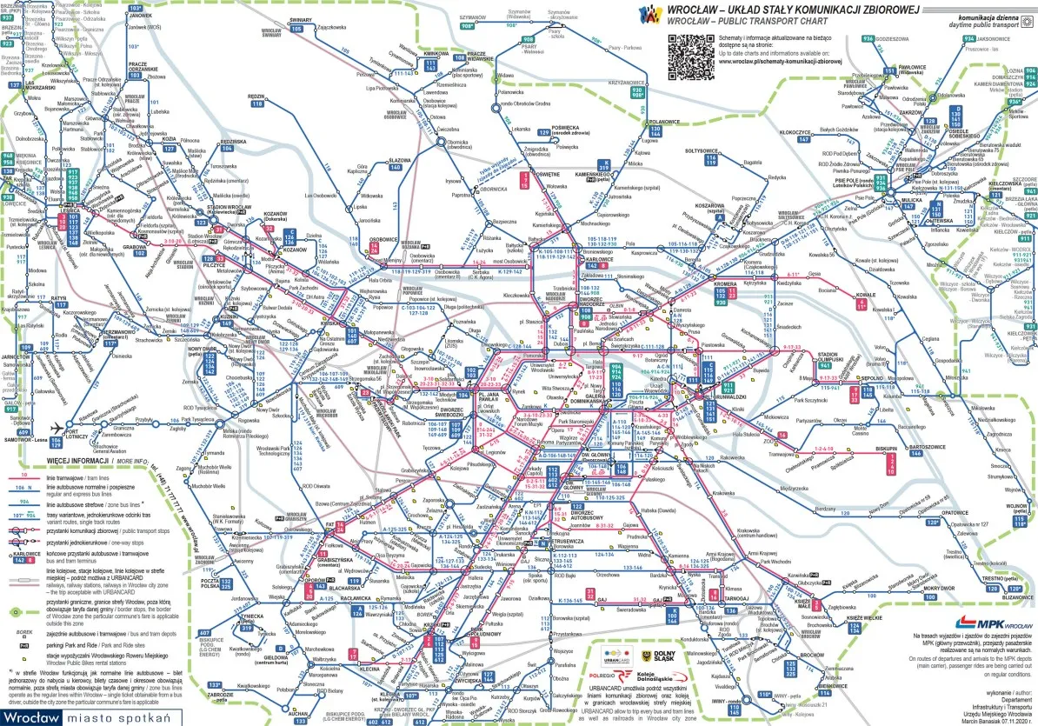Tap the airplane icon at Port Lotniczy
[x=58, y=428]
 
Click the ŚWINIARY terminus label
[x=301, y=18]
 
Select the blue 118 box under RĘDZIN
[x=257, y=103]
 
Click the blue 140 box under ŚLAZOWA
[x=396, y=167]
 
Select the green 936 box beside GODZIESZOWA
[x=868, y=40]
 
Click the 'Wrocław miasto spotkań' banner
[x=85, y=717]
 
